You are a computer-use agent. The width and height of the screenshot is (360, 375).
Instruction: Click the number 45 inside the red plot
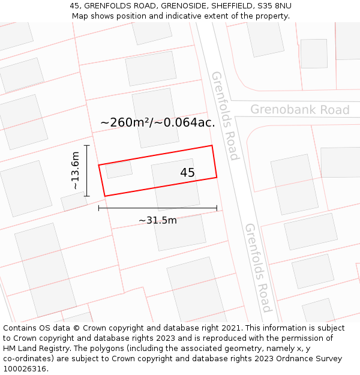187,173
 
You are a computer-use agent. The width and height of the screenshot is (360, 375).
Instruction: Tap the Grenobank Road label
299,110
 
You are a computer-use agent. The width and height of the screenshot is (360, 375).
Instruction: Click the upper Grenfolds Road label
225,116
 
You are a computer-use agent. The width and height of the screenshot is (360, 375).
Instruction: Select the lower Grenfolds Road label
259,268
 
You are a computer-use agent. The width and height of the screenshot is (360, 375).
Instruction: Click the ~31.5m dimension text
158,220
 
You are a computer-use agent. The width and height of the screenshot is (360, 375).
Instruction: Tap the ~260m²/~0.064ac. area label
158,123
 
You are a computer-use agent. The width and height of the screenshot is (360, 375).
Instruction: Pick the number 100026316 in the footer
25,369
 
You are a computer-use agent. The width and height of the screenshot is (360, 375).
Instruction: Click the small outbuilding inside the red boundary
119,170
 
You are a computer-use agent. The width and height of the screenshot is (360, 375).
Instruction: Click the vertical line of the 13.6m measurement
87,171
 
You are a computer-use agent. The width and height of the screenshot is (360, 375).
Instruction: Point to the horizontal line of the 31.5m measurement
158,208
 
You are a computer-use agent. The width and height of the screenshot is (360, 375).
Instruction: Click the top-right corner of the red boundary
212,145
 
